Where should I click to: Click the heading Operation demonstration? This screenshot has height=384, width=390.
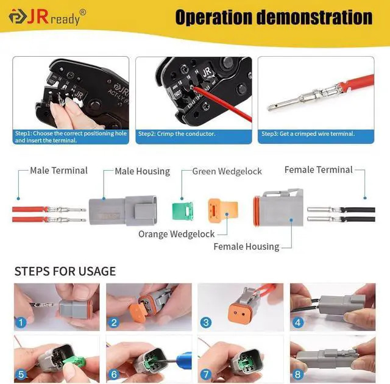click(274, 16)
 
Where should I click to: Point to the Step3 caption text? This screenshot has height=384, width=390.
click(308, 133)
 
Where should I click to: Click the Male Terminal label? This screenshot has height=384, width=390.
click(58, 171)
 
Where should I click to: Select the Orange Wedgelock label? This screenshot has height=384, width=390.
click(176, 233)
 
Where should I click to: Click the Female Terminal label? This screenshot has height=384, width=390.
click(318, 170)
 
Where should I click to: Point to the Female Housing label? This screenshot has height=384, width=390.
click(246, 247)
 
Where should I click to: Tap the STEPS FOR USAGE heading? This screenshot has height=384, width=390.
click(65, 271)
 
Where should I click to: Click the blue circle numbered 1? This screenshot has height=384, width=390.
click(22, 323)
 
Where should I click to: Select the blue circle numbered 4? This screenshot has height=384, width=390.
click(297, 323)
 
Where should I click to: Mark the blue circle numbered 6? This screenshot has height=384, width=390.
click(114, 375)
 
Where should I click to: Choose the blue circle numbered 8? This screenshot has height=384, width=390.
click(297, 375)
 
